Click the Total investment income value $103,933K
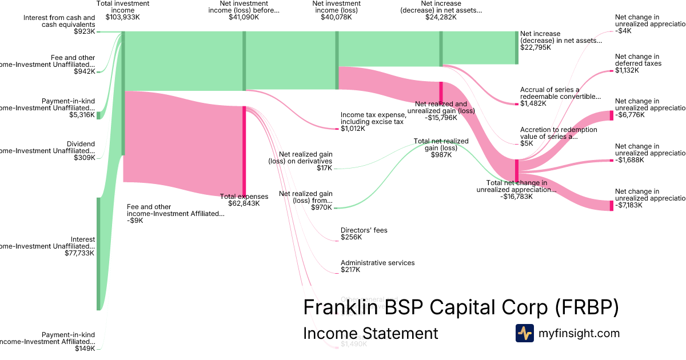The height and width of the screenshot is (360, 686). [x=123, y=18]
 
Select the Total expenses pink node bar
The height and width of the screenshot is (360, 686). [x=245, y=151]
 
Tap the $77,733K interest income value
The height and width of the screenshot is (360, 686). [x=80, y=253]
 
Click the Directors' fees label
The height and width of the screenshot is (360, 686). [x=364, y=230]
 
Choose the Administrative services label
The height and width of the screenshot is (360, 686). [x=378, y=263]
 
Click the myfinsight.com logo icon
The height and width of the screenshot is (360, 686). [x=525, y=333]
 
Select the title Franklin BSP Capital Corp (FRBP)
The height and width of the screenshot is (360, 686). [x=461, y=307]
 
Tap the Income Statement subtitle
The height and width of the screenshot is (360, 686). [x=370, y=333]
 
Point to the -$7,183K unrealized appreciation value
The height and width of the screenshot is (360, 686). [x=630, y=205]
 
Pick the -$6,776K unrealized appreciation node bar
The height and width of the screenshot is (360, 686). [x=611, y=115]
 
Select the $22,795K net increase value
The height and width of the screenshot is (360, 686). [x=536, y=47]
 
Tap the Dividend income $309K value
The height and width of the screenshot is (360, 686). [x=85, y=158]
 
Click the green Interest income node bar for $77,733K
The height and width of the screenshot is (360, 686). [x=98, y=254]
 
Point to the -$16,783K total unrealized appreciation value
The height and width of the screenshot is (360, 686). [x=516, y=197]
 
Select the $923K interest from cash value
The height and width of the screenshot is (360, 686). [x=85, y=32]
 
